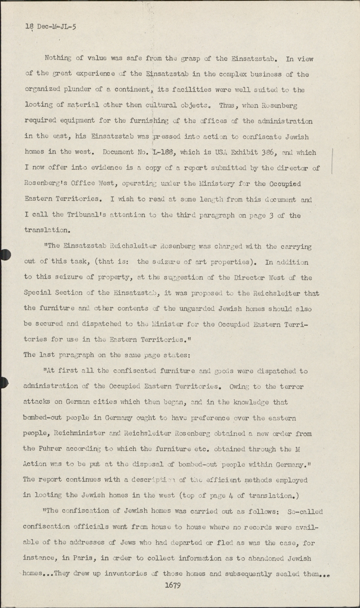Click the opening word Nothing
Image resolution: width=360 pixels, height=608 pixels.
click(58, 58)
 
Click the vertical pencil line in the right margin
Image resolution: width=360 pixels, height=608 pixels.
click(332, 161)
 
